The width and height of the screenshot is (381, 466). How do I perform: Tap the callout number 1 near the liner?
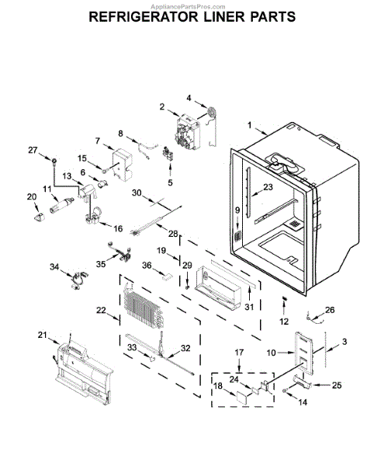tap(250, 125)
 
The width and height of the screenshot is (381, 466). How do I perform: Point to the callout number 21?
tap(41, 335)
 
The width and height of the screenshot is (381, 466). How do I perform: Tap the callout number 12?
tap(284, 321)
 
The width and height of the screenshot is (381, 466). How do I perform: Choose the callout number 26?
tap(330, 311)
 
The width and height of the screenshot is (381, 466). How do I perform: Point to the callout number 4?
tap(188, 97)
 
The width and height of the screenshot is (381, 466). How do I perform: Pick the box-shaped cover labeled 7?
tap(121, 162)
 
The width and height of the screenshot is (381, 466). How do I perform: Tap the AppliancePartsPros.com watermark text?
tap(190, 4)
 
